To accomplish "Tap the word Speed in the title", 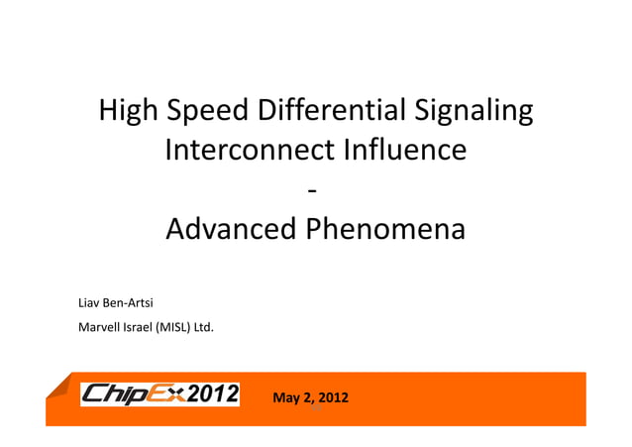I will click(205, 112).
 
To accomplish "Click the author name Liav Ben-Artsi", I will click(114, 301).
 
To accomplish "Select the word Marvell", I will click(98, 325).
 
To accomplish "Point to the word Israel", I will click(138, 325).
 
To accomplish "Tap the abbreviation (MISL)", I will click(174, 325).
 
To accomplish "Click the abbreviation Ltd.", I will click(203, 325).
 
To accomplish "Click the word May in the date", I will click(284, 399).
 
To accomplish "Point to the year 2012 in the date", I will click(332, 399).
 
